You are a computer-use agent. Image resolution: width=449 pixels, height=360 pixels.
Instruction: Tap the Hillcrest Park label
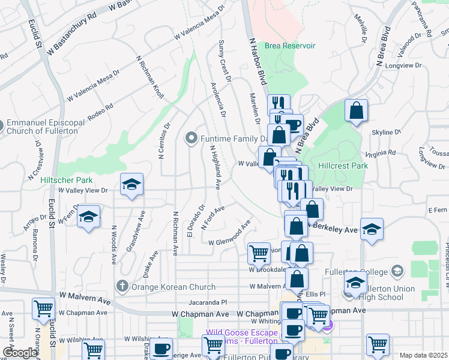tap(343, 163)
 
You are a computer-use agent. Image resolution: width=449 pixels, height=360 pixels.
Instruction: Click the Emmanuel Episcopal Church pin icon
tap(1, 127)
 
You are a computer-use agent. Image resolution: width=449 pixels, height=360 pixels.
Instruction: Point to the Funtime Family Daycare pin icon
tap(191, 139)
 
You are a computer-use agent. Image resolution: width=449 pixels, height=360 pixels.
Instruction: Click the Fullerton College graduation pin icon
tap(396, 271)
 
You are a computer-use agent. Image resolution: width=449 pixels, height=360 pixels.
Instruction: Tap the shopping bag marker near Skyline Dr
tap(357, 110)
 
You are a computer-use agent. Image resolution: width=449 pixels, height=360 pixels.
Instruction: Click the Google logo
tap(20, 353)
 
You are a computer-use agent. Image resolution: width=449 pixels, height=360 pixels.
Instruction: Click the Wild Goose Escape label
tap(240, 332)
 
